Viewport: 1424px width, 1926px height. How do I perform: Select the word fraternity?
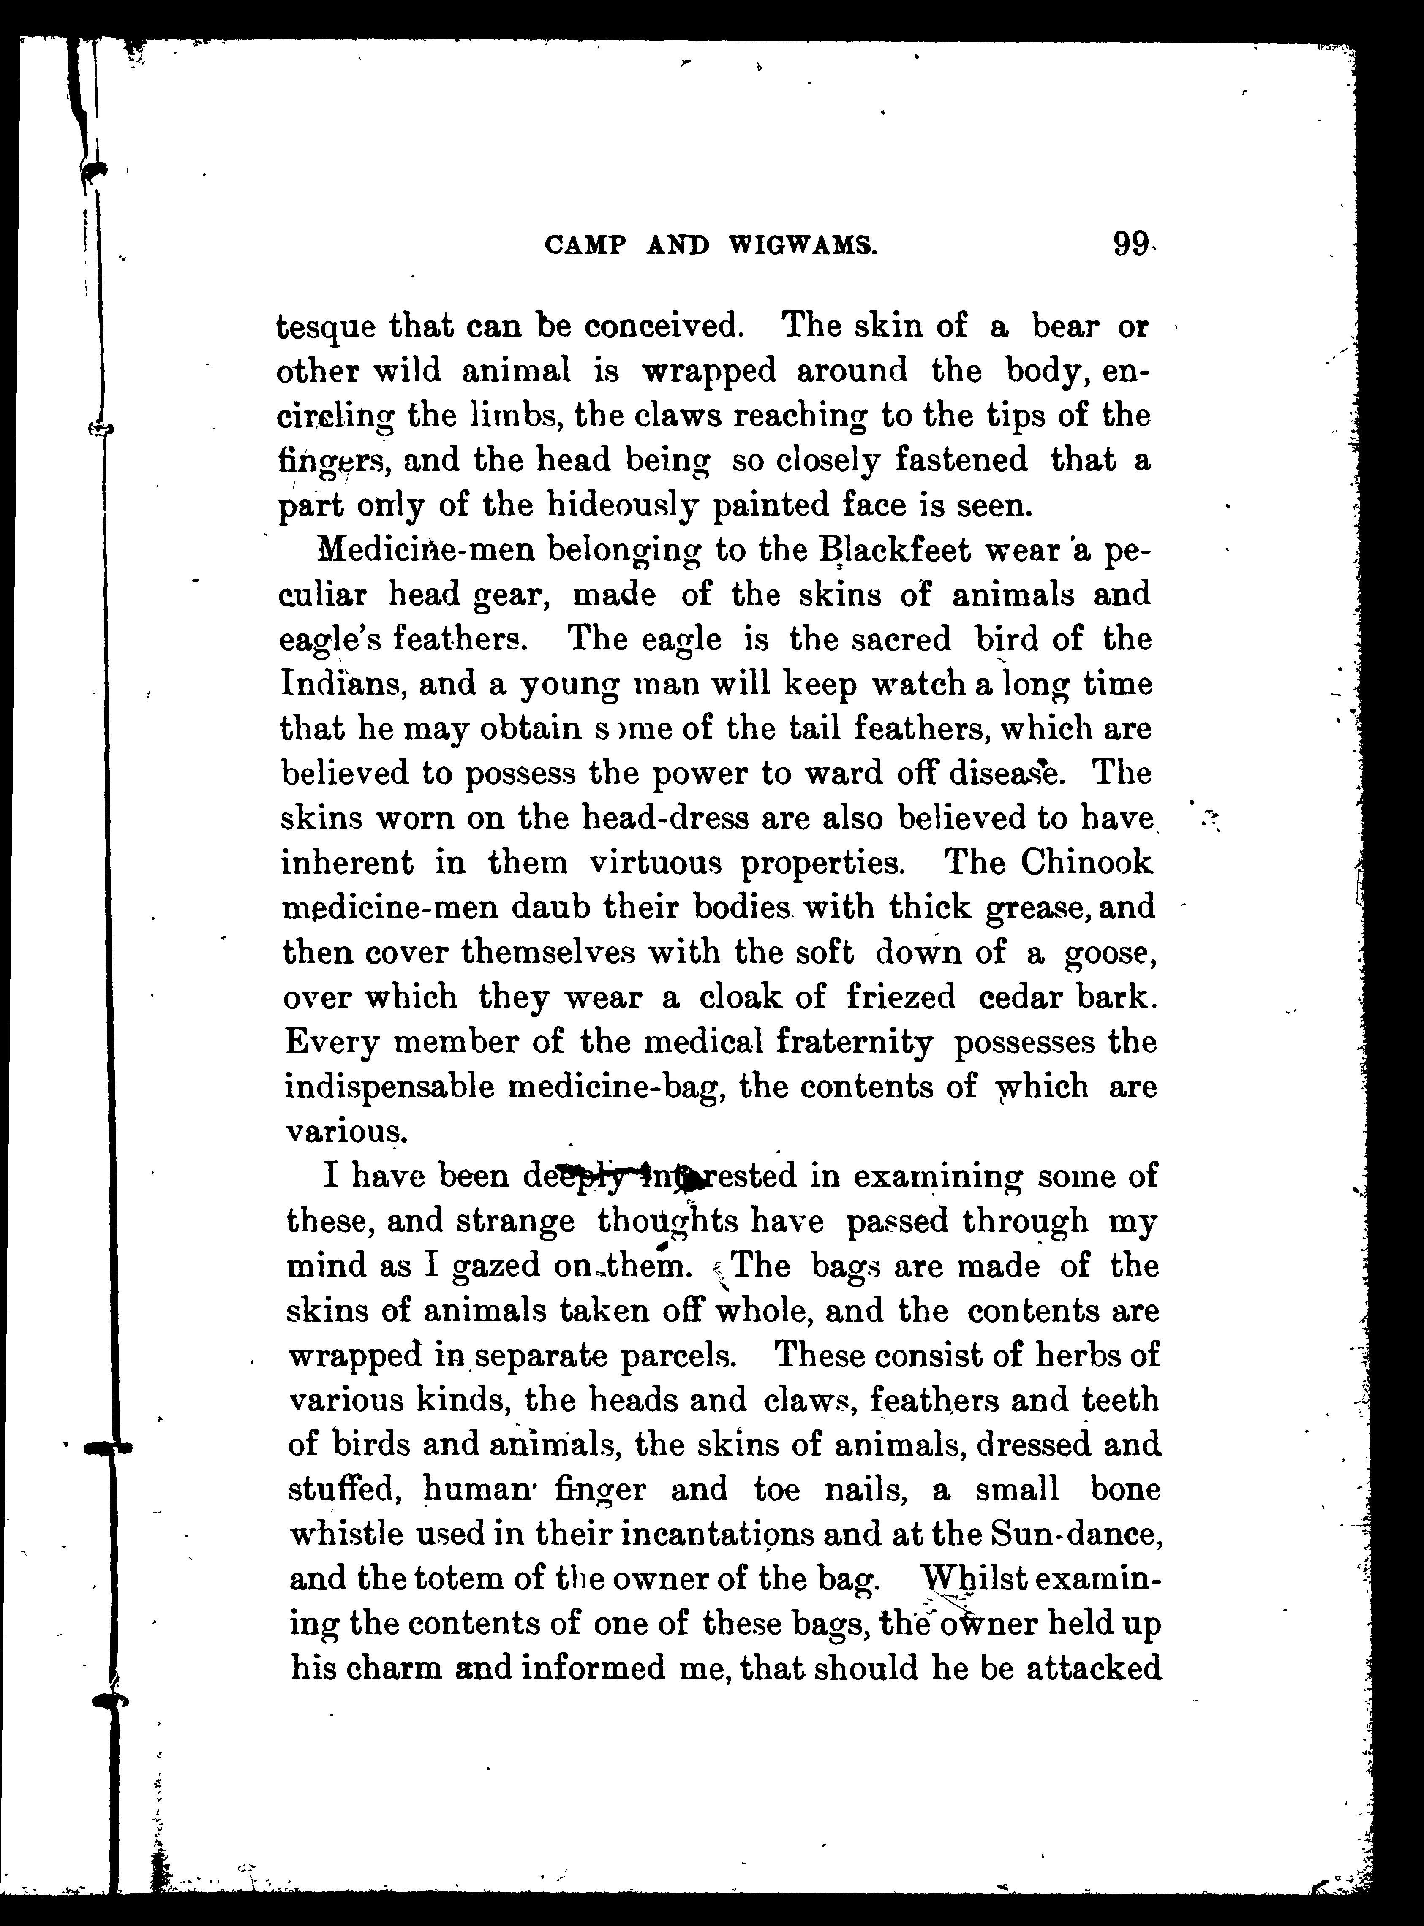point(854,1042)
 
